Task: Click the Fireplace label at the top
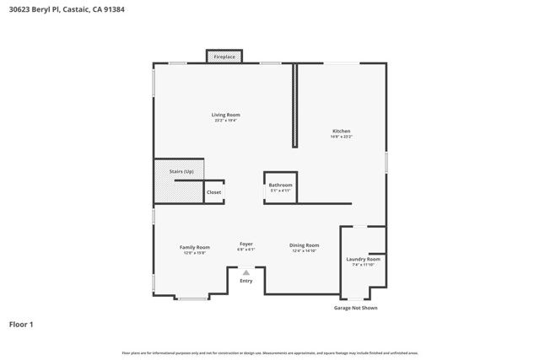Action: coord(224,57)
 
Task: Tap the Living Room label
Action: coord(225,115)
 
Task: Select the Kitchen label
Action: coord(341,131)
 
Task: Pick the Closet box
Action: coord(214,192)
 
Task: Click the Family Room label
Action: coord(193,247)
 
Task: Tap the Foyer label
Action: coord(246,244)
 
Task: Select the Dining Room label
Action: coord(304,245)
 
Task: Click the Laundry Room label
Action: coord(363,259)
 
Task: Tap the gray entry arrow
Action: coord(246,271)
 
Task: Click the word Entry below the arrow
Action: coord(246,281)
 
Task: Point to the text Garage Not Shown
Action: coord(355,308)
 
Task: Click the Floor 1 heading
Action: coord(21,324)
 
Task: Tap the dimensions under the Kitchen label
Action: coord(341,137)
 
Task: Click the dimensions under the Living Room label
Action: coord(225,121)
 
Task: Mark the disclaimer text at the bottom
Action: coord(270,352)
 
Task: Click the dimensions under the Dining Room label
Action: coord(304,251)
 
